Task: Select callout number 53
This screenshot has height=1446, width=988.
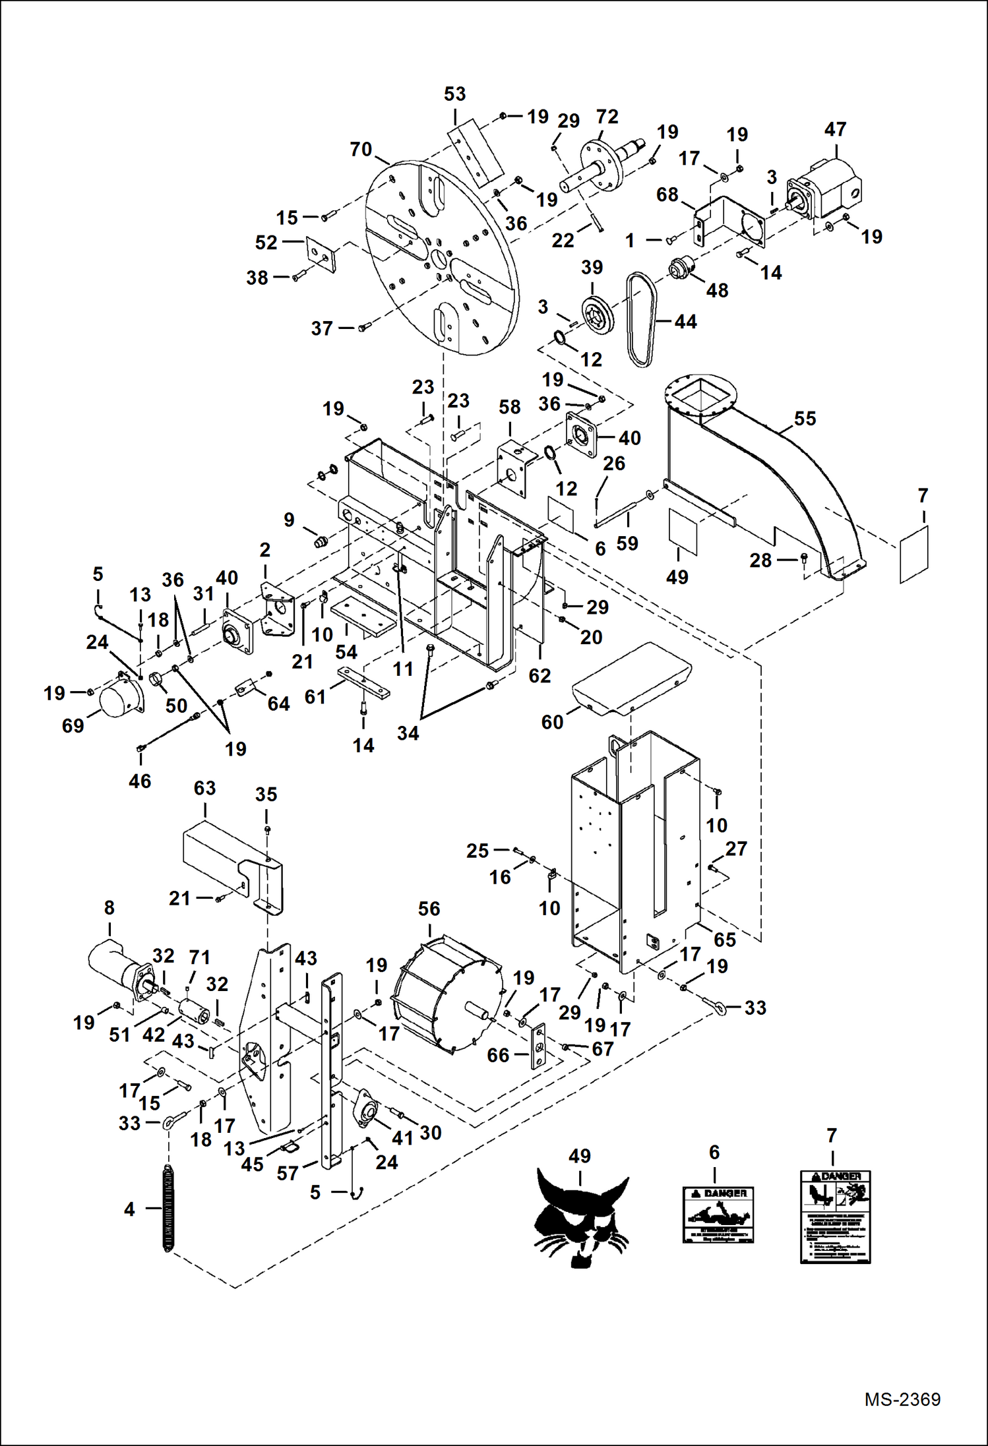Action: pyautogui.click(x=454, y=94)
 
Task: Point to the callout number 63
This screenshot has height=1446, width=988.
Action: pyautogui.click(x=204, y=788)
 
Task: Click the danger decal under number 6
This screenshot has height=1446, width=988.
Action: pyautogui.click(x=718, y=1215)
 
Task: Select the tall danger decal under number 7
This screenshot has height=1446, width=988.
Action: pyautogui.click(x=835, y=1217)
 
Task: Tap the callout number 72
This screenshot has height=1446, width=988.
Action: pyautogui.click(x=607, y=117)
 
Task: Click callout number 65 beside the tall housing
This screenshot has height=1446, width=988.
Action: pyautogui.click(x=724, y=940)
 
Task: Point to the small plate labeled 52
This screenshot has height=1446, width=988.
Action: pyautogui.click(x=321, y=254)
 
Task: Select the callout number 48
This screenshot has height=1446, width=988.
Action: pyautogui.click(x=717, y=290)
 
